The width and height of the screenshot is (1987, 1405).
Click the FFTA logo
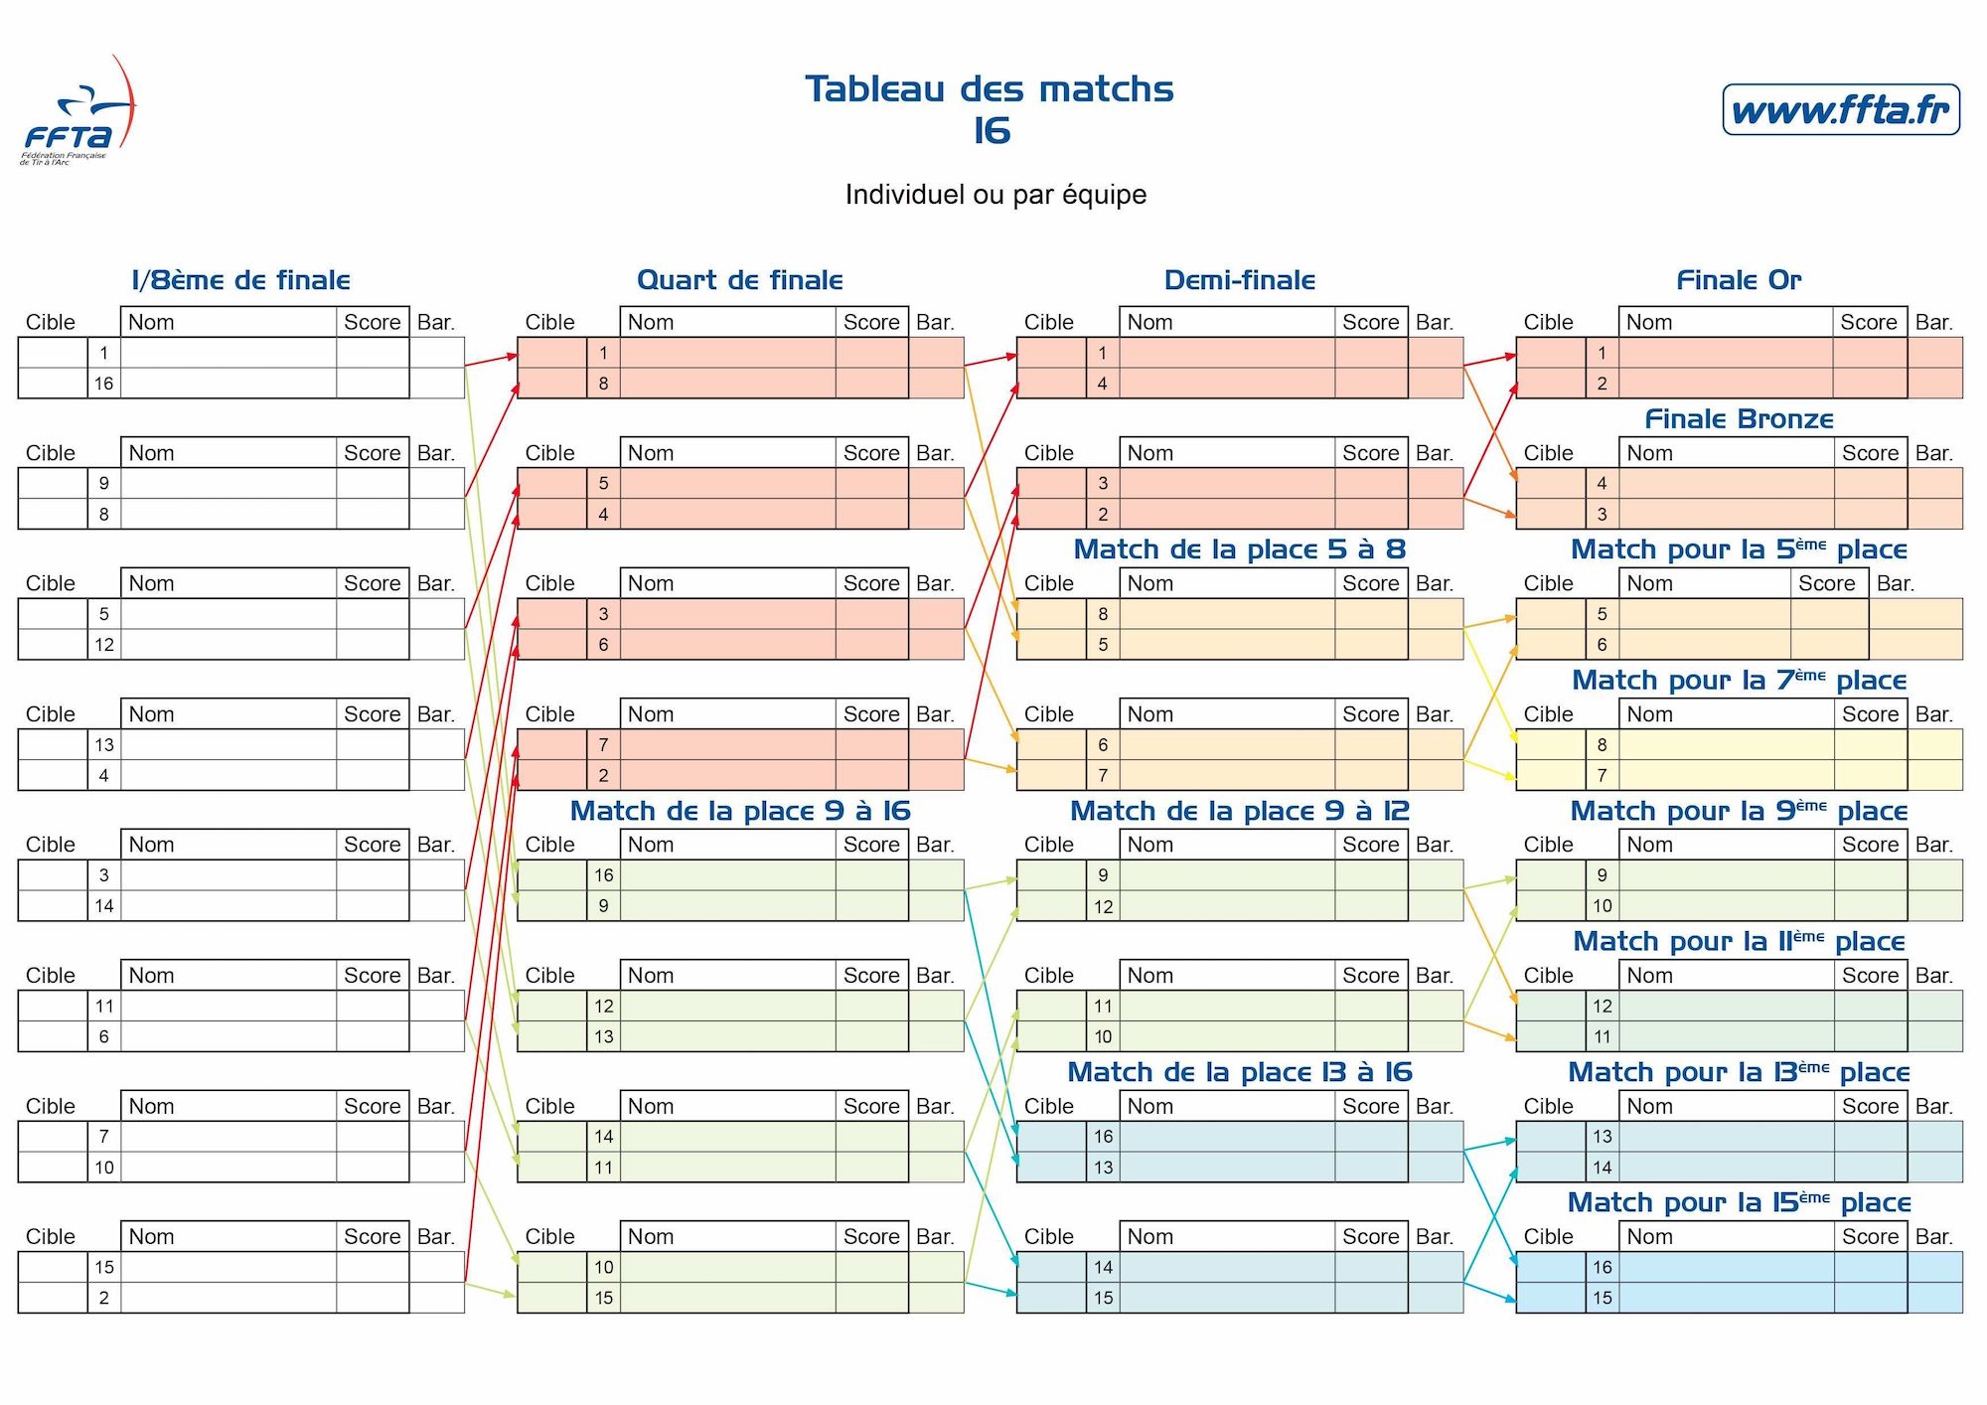click(x=77, y=110)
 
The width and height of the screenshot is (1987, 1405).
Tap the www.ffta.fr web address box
click(x=1841, y=109)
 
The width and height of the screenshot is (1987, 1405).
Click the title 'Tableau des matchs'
click(x=990, y=89)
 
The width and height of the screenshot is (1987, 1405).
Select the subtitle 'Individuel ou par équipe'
click(x=995, y=195)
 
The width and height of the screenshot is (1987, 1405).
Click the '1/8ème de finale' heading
click(x=241, y=280)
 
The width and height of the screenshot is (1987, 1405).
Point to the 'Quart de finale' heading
click(x=740, y=280)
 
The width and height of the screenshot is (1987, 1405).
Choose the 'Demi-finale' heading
click(x=1240, y=280)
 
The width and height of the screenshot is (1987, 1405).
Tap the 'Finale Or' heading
click(x=1739, y=280)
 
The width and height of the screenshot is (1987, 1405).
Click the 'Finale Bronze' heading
click(x=1740, y=419)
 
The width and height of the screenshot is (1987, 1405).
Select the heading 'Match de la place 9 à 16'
click(x=740, y=811)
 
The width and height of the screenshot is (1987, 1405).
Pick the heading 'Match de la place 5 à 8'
click(x=1240, y=549)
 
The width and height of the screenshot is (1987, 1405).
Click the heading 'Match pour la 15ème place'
click(x=1740, y=1202)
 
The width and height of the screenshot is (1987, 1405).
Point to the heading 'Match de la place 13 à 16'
click(x=1240, y=1072)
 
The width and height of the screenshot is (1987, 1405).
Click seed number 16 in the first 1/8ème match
click(x=104, y=384)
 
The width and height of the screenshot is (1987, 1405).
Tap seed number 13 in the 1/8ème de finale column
click(x=104, y=744)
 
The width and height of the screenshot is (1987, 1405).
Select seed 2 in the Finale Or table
click(x=1602, y=384)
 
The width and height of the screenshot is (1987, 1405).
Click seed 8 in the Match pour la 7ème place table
click(x=1602, y=744)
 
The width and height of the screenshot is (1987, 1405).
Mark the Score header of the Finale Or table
click(x=1869, y=322)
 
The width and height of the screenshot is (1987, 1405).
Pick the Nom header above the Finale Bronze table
click(x=1650, y=453)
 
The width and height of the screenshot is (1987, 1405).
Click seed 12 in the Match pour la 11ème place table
click(x=1603, y=1006)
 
